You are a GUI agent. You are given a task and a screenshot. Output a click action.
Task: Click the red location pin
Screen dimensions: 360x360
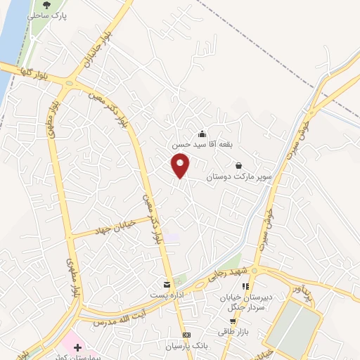pyautogui.click(x=181, y=167)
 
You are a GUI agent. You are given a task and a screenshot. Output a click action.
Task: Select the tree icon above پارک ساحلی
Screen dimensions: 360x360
pyautogui.click(x=46, y=4)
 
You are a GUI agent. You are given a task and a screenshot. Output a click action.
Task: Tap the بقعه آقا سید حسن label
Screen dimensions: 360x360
pyautogui.click(x=202, y=144)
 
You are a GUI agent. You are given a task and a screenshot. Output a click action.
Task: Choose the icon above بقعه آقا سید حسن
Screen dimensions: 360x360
pyautogui.click(x=202, y=134)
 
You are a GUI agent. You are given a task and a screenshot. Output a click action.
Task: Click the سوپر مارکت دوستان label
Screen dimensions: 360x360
pyautogui.click(x=238, y=176)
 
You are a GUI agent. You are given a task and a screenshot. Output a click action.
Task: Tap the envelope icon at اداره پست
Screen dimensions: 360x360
pyautogui.click(x=166, y=284)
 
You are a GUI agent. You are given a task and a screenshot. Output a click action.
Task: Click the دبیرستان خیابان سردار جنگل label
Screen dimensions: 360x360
pyautogui.click(x=245, y=302)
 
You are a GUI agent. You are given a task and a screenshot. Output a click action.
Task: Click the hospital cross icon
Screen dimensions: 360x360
pyautogui.click(x=77, y=348)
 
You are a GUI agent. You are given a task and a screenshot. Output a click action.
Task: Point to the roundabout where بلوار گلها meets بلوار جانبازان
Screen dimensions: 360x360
pyautogui.click(x=68, y=83)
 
